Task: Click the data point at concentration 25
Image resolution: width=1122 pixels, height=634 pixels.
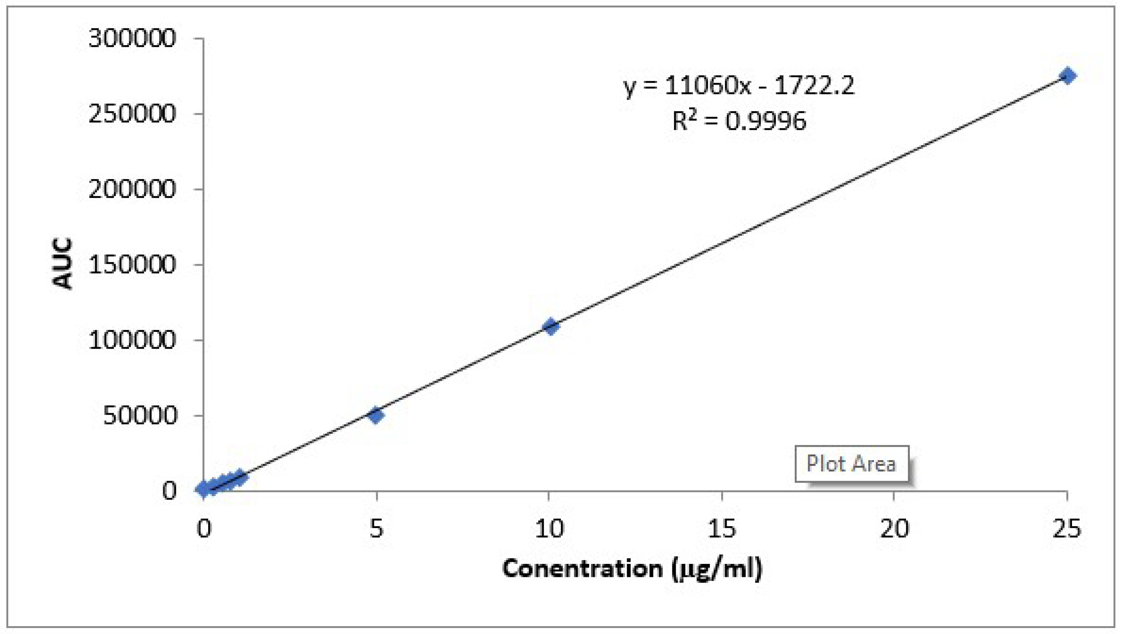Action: pyautogui.click(x=1068, y=76)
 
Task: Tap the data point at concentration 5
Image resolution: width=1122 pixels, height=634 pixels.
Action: pyautogui.click(x=376, y=415)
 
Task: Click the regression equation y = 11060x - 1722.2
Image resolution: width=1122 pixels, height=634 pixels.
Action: pyautogui.click(x=739, y=86)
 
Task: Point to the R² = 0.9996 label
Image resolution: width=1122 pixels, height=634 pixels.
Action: pyautogui.click(x=739, y=121)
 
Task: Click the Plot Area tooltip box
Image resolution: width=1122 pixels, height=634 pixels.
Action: pyautogui.click(x=852, y=464)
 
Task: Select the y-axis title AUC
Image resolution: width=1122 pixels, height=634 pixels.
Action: pyautogui.click(x=62, y=264)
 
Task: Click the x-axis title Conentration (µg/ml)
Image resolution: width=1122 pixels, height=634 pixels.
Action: pyautogui.click(x=632, y=568)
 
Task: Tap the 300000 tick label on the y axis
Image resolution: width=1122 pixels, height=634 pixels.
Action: pyautogui.click(x=132, y=39)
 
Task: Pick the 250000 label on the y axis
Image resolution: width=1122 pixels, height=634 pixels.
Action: pyautogui.click(x=132, y=114)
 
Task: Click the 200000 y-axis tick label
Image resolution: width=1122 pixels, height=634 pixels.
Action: pyautogui.click(x=132, y=189)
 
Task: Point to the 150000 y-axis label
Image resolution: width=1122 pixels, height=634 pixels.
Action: pyautogui.click(x=132, y=265)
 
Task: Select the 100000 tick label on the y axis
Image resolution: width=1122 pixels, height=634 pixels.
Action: pyautogui.click(x=132, y=340)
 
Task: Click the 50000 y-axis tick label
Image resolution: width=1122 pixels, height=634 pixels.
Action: pyautogui.click(x=139, y=416)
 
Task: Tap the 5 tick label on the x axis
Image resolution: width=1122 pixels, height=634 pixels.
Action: pyautogui.click(x=376, y=528)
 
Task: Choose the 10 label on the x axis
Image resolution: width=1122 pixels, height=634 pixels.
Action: pyautogui.click(x=549, y=528)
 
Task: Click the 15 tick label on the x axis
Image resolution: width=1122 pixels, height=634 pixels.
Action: pyautogui.click(x=722, y=528)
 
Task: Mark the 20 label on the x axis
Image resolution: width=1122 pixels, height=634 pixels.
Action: pyautogui.click(x=895, y=528)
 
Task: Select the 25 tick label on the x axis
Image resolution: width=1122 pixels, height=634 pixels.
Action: pyautogui.click(x=1067, y=528)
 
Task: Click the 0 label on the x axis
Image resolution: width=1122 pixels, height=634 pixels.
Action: pyautogui.click(x=203, y=528)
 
